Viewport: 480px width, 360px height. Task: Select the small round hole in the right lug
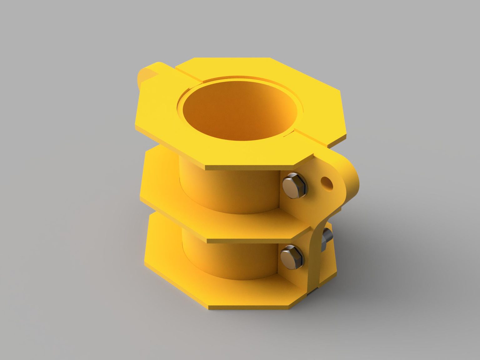(x=326, y=182)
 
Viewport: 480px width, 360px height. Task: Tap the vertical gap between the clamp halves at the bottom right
(x=319, y=275)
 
